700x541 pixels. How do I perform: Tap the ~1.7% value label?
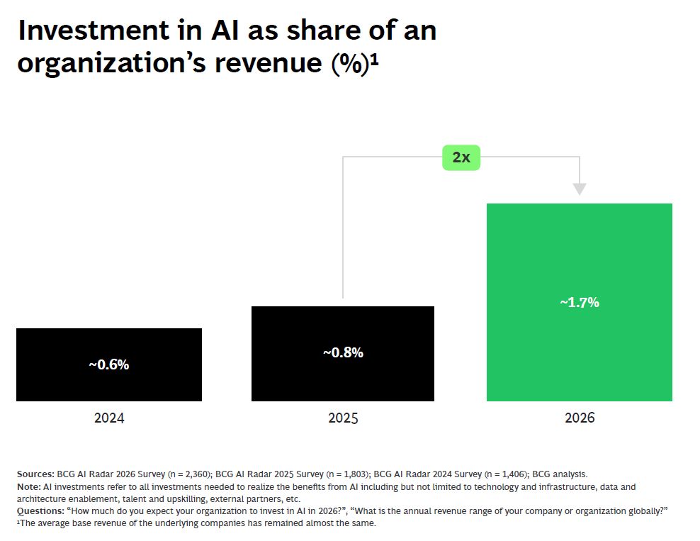579,302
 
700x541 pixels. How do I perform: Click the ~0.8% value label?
343,352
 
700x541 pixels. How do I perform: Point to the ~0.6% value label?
108,365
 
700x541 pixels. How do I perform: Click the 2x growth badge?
461,157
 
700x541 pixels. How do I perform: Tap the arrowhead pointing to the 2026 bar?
580,189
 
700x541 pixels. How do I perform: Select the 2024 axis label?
108,418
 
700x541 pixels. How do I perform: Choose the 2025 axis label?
343,418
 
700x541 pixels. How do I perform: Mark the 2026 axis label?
579,418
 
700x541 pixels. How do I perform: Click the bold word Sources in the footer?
35,474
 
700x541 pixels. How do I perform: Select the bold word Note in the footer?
29,486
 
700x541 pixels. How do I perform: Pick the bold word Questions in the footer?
40,511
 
